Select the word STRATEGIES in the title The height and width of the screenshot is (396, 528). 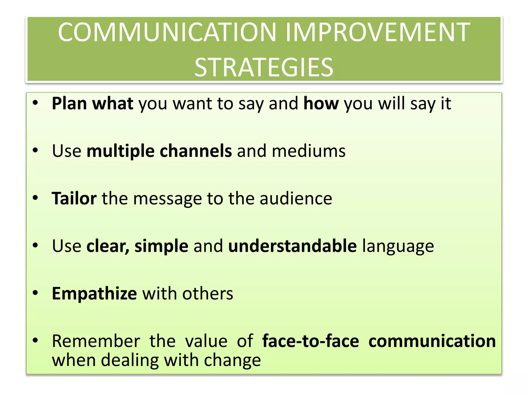point(264,68)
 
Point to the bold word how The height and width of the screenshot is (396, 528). point(321,104)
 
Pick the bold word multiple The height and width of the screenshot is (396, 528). point(120,151)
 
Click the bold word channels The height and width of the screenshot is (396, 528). point(196,151)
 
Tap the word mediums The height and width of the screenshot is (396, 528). point(309,151)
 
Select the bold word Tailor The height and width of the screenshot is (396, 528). point(74,199)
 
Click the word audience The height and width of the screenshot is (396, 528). point(296,199)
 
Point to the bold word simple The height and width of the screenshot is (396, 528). point(161,246)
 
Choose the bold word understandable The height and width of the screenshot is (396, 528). point(292,246)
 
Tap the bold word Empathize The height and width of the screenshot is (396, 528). point(94,294)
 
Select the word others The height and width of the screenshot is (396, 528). point(208,294)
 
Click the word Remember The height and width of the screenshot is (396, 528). point(96,341)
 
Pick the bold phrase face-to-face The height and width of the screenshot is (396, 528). point(311,341)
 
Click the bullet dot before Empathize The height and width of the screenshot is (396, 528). point(35,293)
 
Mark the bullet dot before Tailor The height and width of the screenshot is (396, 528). point(35,198)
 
